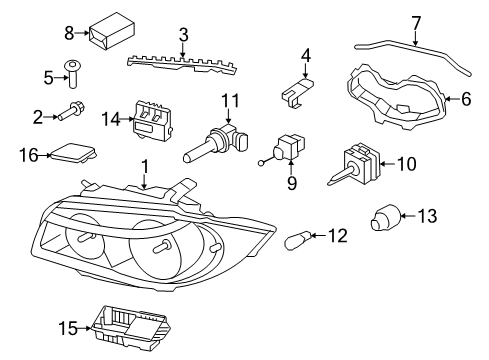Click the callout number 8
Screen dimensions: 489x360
pyautogui.click(x=69, y=33)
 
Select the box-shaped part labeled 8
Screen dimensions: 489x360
pyautogui.click(x=111, y=31)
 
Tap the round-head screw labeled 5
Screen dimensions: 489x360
pyautogui.click(x=73, y=74)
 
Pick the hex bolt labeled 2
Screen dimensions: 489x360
pyautogui.click(x=72, y=112)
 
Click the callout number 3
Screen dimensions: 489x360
pyautogui.click(x=183, y=35)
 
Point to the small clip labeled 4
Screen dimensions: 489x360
pyautogui.click(x=297, y=91)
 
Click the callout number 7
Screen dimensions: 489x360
pyautogui.click(x=416, y=23)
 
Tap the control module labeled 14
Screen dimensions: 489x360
pyautogui.click(x=152, y=120)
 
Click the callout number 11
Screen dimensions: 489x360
pyautogui.click(x=231, y=100)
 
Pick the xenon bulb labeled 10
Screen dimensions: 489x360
pyautogui.click(x=354, y=163)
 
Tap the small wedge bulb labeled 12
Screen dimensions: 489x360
pyautogui.click(x=298, y=240)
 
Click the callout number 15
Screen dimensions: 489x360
pyautogui.click(x=69, y=328)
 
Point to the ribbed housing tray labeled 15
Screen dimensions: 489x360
pyautogui.click(x=132, y=328)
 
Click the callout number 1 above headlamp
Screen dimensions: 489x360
pyautogui.click(x=144, y=166)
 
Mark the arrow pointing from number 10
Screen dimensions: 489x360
pyautogui.click(x=388, y=163)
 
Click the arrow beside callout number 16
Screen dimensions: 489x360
pyautogui.click(x=44, y=155)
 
